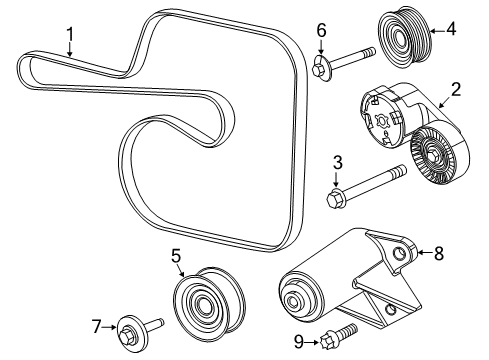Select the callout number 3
(337, 162)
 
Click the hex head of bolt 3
(335, 199)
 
